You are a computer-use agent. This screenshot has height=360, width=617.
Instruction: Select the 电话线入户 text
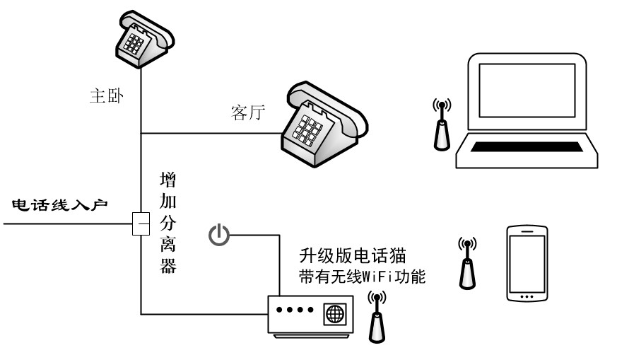59,206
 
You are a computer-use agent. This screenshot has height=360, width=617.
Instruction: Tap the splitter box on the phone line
141,224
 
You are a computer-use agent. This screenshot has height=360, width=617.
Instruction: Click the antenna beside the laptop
442,125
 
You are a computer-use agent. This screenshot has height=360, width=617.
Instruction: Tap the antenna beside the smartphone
466,262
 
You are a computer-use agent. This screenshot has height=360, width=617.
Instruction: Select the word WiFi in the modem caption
380,276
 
